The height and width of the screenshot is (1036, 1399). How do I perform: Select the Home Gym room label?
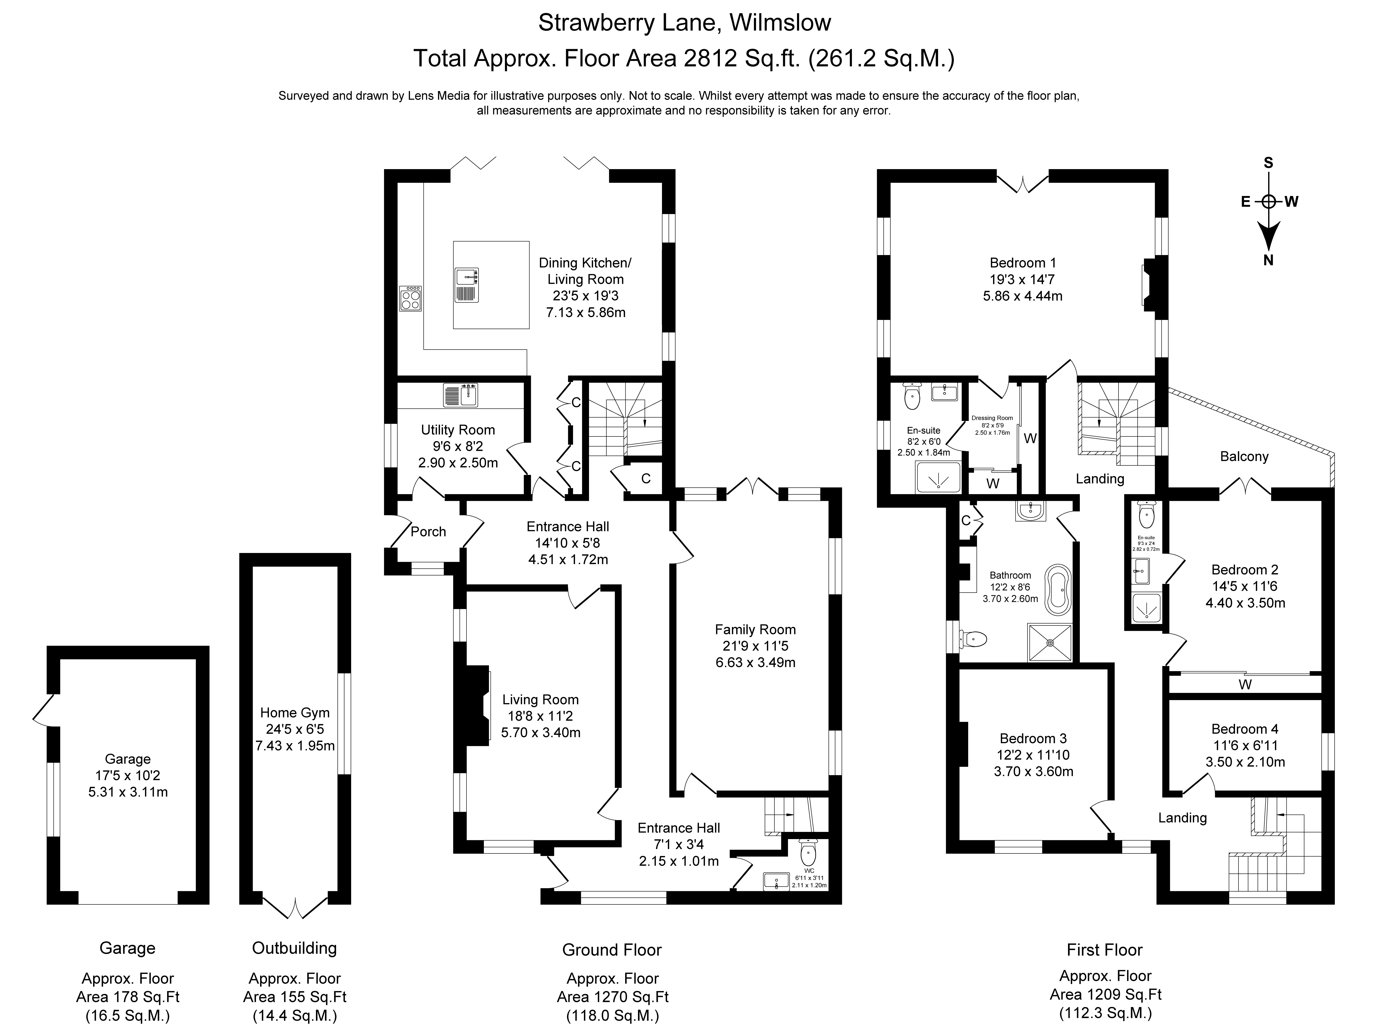295,712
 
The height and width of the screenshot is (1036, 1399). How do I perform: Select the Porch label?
428,532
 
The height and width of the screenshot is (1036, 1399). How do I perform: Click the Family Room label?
755,630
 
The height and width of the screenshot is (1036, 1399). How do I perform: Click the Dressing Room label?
992,418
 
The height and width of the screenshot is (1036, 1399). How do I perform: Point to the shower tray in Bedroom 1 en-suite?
938,478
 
